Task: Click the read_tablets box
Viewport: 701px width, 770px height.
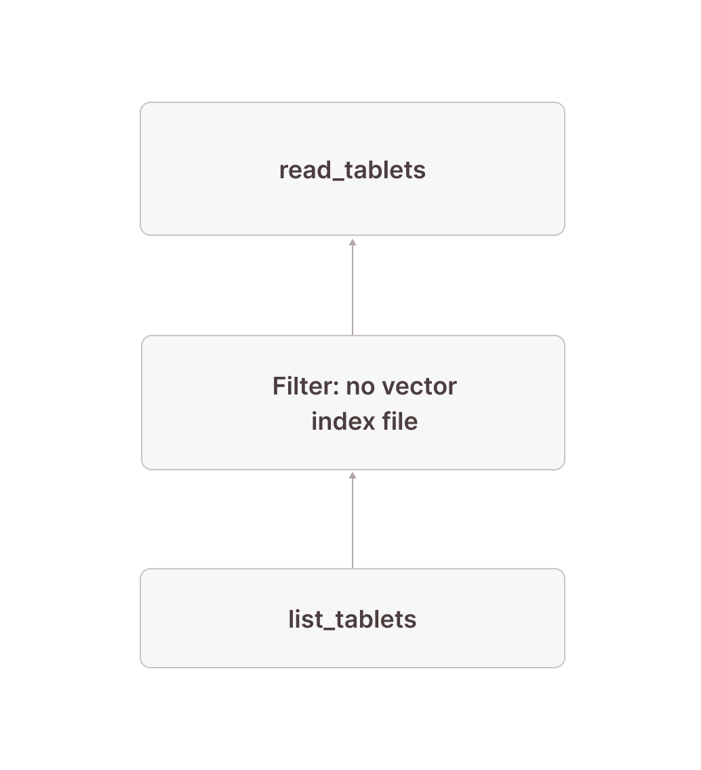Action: [x=353, y=203]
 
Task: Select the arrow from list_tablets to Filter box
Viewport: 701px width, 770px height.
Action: [x=353, y=522]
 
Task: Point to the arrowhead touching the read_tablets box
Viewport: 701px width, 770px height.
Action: [x=353, y=242]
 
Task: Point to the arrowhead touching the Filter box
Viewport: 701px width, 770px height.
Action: [x=353, y=476]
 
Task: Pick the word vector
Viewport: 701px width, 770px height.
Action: [x=419, y=386]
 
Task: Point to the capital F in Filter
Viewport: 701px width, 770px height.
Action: [x=278, y=386]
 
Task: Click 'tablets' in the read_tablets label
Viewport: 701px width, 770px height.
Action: [x=385, y=169]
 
